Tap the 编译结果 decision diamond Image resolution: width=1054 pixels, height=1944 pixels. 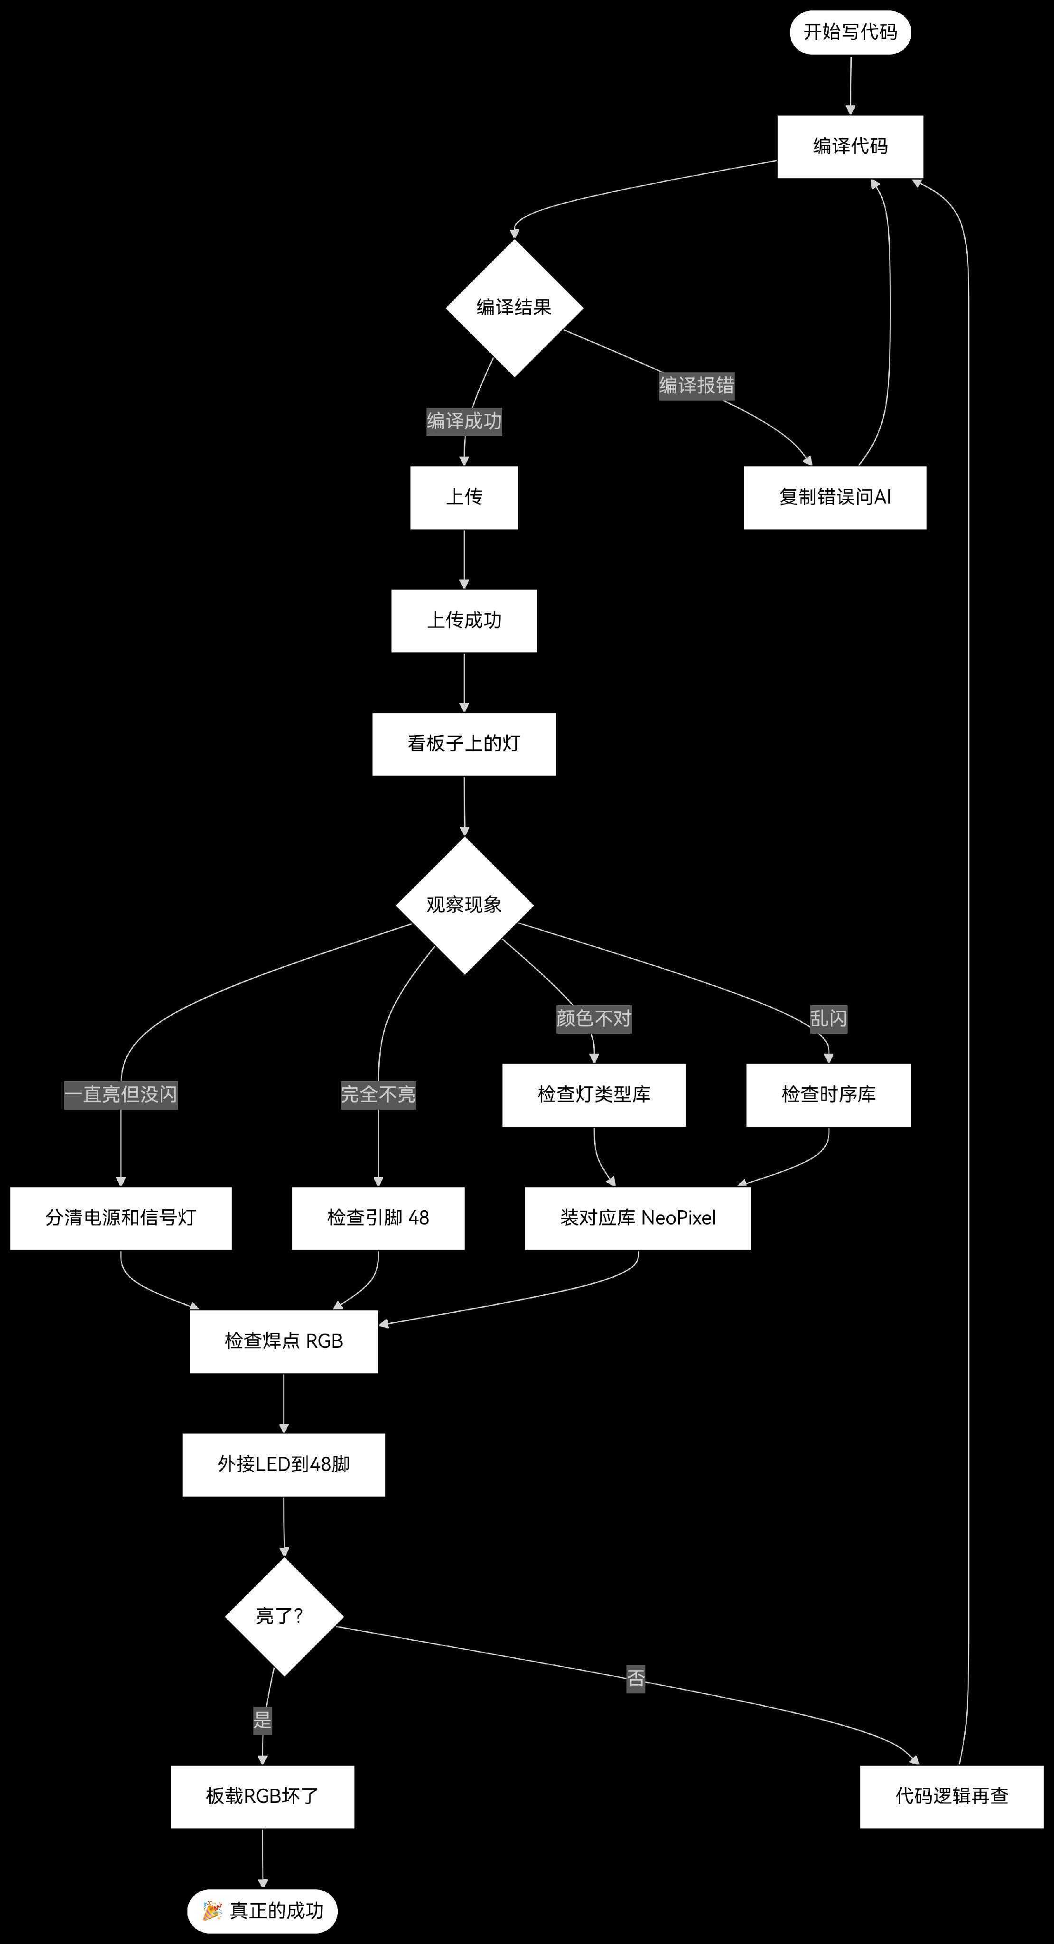click(514, 308)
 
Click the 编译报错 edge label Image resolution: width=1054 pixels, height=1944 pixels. click(696, 386)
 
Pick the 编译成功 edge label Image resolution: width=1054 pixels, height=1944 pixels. click(464, 421)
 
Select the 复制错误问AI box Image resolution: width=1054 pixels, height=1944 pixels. click(834, 497)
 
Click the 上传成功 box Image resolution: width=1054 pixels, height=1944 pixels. click(464, 620)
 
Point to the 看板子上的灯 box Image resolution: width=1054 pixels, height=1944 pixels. click(464, 744)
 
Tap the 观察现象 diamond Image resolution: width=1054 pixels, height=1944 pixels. click(464, 905)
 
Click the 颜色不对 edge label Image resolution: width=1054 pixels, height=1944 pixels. click(594, 1019)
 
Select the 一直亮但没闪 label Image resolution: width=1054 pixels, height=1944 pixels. click(121, 1094)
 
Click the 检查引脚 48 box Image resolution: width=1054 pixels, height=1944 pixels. click(378, 1218)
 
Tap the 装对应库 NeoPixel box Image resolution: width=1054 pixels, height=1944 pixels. click(637, 1218)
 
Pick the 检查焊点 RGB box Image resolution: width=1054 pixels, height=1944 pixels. click(284, 1341)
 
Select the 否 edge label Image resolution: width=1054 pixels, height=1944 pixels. click(636, 1678)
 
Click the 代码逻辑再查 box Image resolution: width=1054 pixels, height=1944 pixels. click(951, 1796)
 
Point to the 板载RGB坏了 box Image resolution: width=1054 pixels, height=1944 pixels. click(262, 1796)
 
